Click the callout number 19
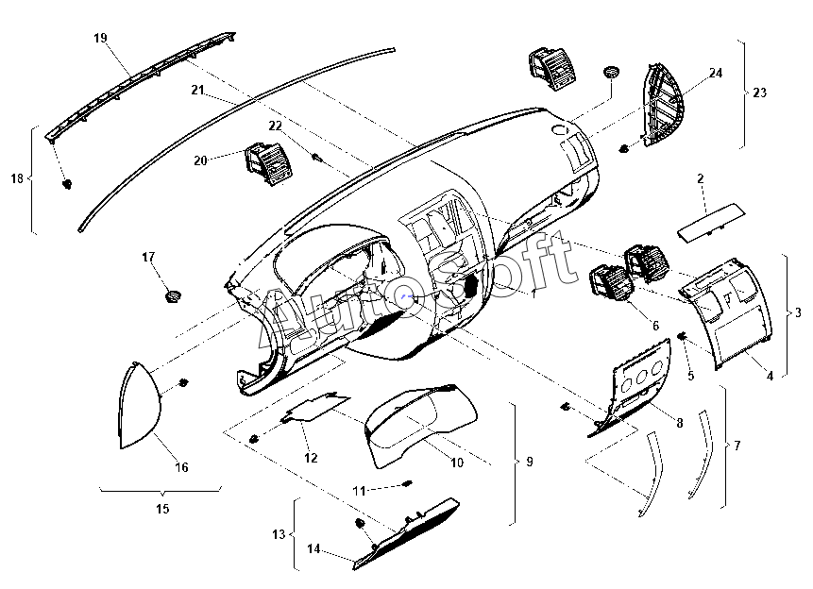[x=101, y=38]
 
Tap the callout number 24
[x=715, y=73]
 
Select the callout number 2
[x=701, y=178]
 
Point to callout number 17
[x=148, y=257]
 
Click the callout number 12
[x=311, y=458]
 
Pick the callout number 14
[x=314, y=548]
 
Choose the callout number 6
[x=654, y=326]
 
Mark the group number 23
[x=760, y=93]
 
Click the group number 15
[x=161, y=509]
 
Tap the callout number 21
[x=197, y=91]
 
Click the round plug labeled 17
[x=173, y=296]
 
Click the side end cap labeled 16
[x=142, y=406]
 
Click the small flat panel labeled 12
[x=314, y=409]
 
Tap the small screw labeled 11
[x=407, y=484]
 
